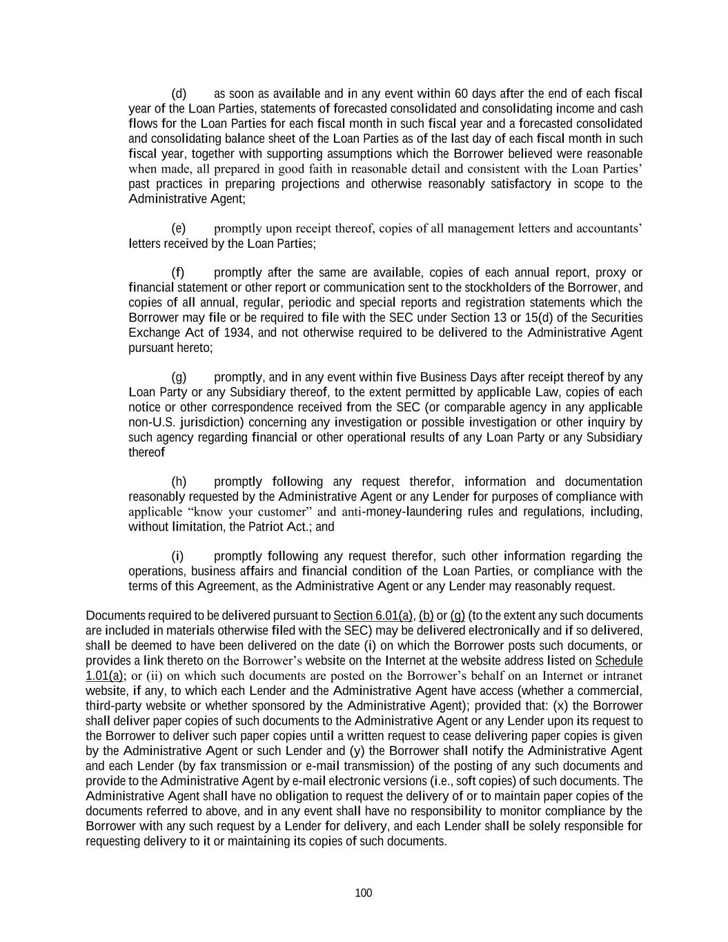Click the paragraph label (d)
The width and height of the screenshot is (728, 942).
coord(179,93)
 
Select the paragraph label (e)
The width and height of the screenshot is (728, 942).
coord(179,228)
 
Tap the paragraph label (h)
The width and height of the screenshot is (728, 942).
coord(179,482)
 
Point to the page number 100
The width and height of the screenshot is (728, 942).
coord(364,893)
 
